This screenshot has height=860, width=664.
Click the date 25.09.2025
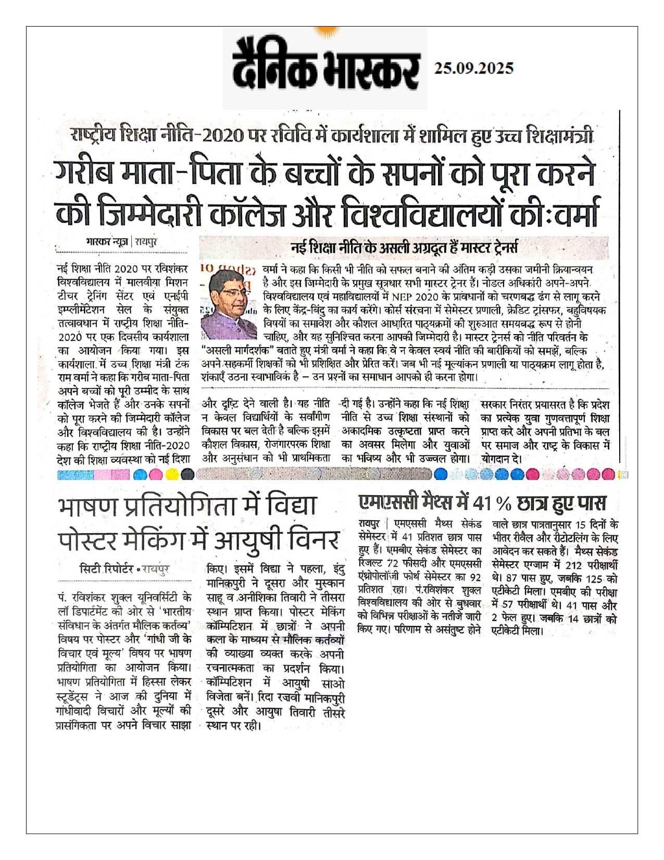(474, 68)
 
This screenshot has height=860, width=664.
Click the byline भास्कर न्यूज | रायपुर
(121, 242)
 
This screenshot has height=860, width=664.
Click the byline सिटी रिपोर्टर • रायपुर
(125, 569)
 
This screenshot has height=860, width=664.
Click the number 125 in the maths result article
(595, 579)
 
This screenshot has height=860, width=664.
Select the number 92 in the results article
(475, 578)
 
